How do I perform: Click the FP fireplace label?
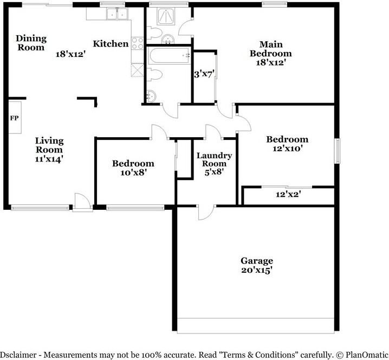(14, 117)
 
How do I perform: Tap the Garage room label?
(257, 261)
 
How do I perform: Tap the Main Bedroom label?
(270, 49)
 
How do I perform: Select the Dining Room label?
(31, 43)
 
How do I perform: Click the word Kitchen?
(111, 44)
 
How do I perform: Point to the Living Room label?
(49, 145)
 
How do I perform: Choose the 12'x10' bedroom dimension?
(287, 148)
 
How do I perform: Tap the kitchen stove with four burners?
(137, 43)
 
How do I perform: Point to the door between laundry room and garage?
(206, 211)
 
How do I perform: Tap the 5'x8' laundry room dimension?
(214, 172)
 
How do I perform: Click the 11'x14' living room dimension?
(49, 159)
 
